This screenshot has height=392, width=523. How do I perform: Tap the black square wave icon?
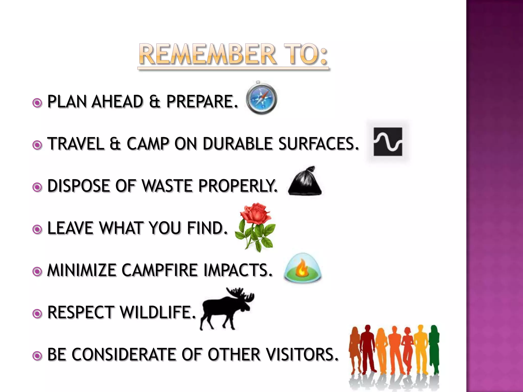click(x=388, y=142)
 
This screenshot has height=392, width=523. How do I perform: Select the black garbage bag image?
click(x=305, y=182)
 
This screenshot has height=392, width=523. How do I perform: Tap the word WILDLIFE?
click(x=158, y=312)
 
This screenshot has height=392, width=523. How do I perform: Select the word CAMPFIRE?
click(x=159, y=270)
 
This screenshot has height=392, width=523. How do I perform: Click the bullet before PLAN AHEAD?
click(x=37, y=103)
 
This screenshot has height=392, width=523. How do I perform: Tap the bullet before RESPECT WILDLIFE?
click(x=37, y=314)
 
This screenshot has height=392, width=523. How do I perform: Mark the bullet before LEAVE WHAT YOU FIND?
click(x=37, y=229)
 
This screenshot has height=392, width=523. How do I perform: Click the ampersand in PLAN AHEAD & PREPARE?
click(x=155, y=102)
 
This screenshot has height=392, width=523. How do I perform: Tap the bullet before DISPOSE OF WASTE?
click(x=37, y=187)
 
